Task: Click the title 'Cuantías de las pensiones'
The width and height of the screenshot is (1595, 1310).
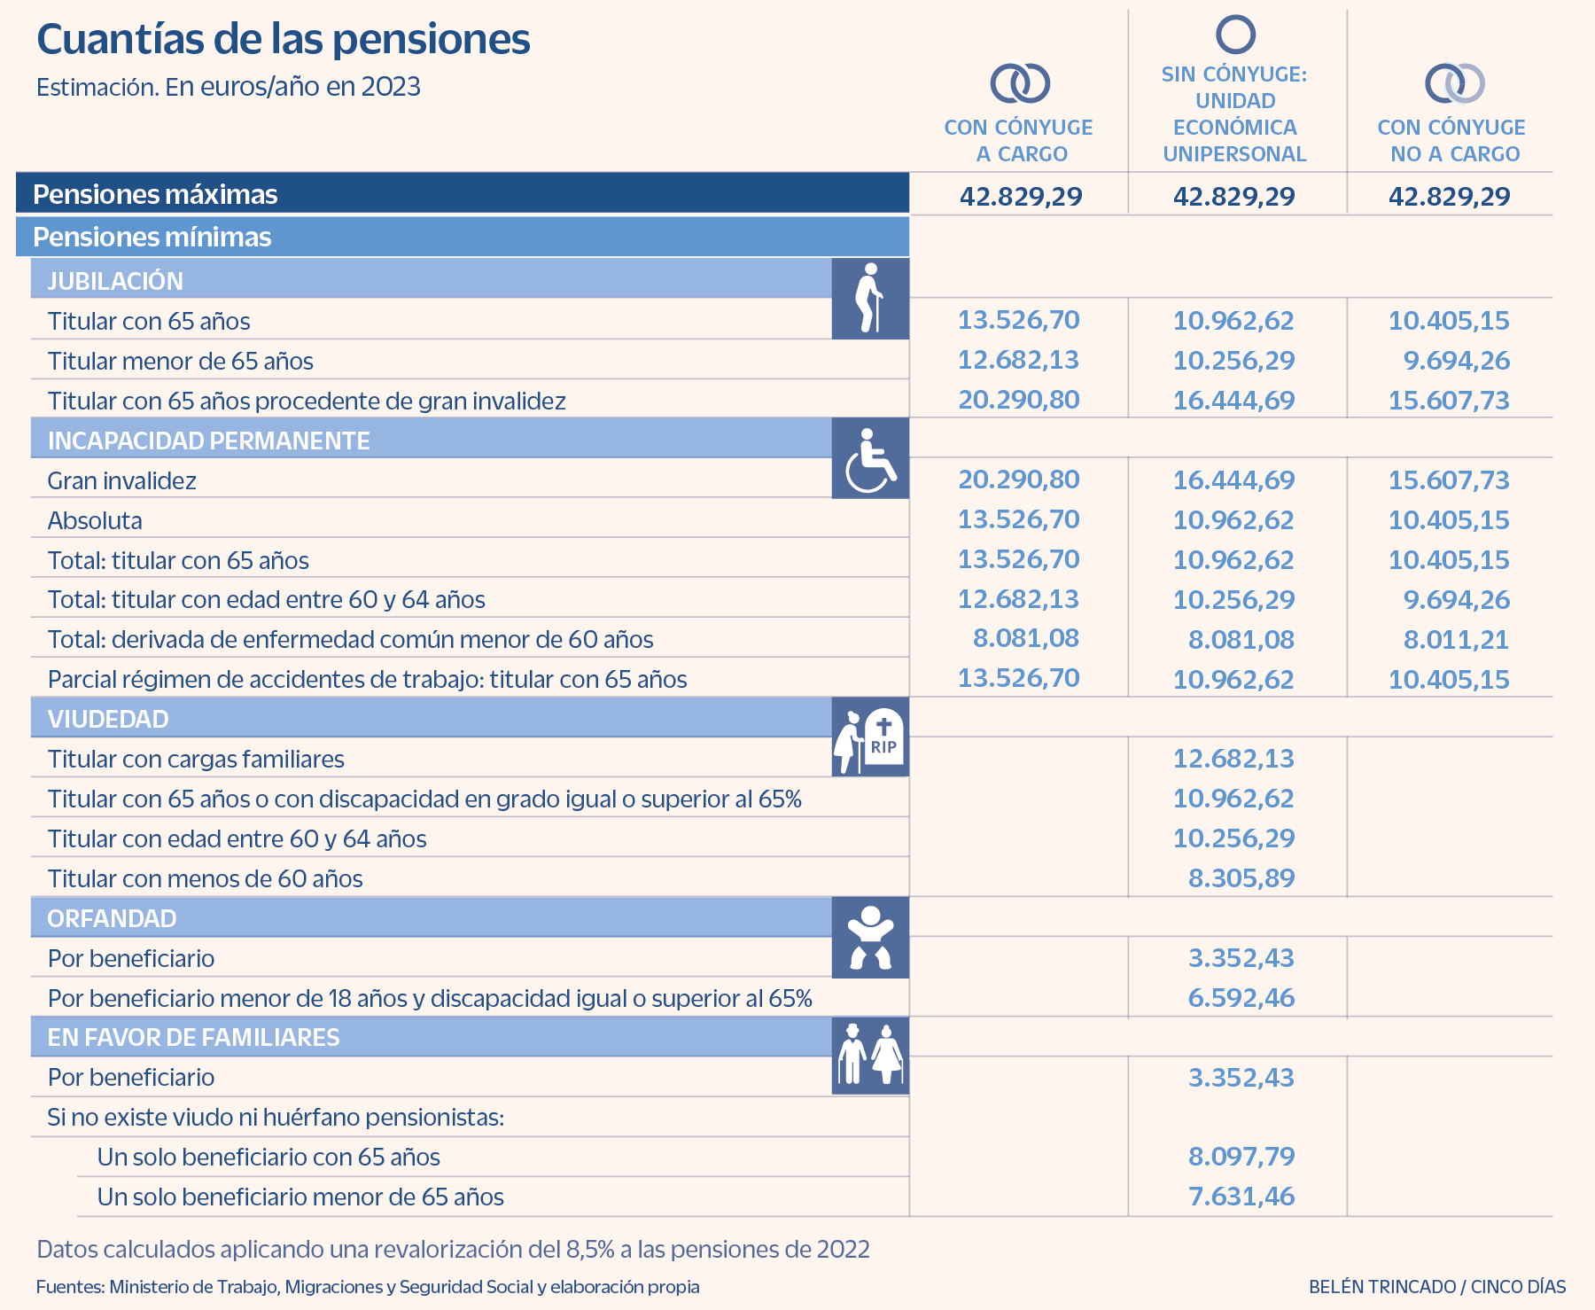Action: (284, 39)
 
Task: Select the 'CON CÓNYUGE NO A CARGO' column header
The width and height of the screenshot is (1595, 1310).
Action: (1451, 140)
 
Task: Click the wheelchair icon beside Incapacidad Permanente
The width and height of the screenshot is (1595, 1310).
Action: (870, 458)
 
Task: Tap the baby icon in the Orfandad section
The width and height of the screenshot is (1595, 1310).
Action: (870, 938)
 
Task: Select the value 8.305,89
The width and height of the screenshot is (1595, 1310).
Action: (1241, 878)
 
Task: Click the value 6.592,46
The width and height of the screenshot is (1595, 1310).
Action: (1241, 998)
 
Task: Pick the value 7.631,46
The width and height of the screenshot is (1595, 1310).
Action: (1241, 1197)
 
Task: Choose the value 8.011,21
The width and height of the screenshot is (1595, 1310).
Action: (1456, 639)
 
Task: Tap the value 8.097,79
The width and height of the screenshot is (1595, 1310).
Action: (1241, 1157)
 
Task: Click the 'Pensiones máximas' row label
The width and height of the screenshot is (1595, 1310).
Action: (155, 194)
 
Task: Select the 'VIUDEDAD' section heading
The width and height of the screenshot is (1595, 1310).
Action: (108, 719)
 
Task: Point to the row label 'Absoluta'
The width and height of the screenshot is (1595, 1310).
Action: (95, 520)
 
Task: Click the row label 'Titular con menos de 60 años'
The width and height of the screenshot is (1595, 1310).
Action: (206, 878)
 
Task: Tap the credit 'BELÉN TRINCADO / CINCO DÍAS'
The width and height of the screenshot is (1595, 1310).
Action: (1437, 1286)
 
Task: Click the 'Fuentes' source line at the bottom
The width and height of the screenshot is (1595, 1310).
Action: (368, 1286)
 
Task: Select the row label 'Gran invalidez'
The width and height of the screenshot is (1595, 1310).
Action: (122, 480)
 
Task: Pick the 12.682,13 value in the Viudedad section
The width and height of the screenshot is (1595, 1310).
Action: (1233, 759)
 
